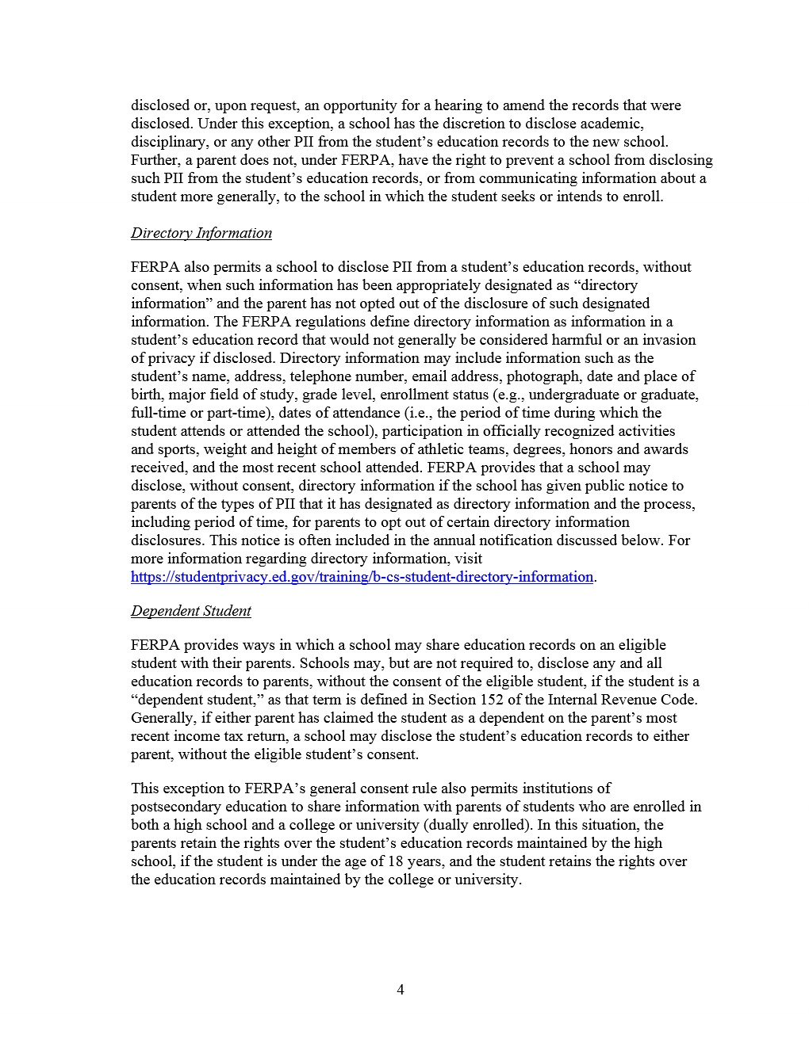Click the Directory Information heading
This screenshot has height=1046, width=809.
201,233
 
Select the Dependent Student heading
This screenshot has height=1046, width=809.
191,611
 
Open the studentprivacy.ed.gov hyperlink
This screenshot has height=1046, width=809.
362,577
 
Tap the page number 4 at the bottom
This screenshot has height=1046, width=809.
401,989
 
